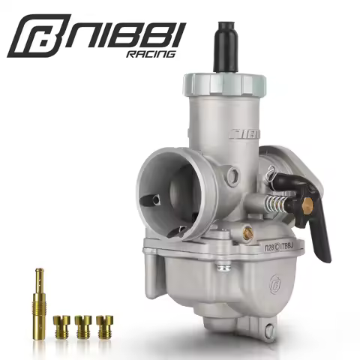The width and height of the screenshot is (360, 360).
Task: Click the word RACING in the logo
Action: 152,54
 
